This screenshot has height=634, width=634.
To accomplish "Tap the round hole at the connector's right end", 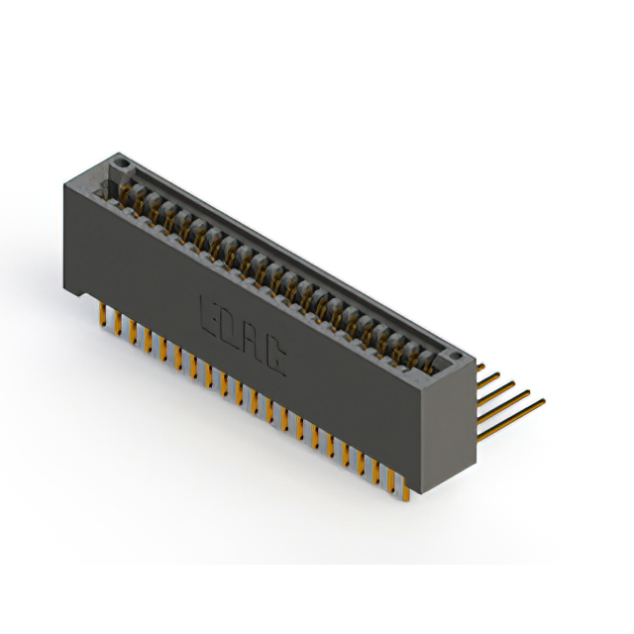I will click(x=455, y=354).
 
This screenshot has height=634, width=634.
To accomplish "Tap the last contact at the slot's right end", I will click(x=428, y=358).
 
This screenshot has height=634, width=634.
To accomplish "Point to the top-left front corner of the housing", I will click(x=65, y=178).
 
